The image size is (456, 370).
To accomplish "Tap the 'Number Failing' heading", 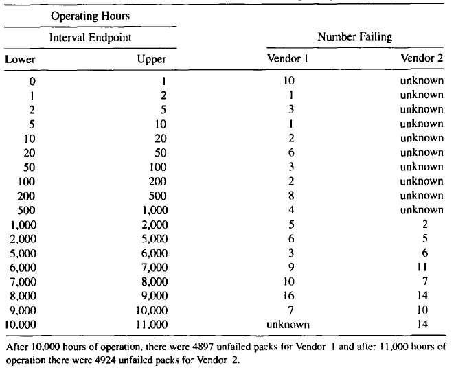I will pos(354,37).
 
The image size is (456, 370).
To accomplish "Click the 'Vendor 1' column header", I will pos(289,59).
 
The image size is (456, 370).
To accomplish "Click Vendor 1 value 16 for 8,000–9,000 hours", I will pos(289,295).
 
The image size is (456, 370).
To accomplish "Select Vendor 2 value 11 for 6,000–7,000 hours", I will pos(425,266).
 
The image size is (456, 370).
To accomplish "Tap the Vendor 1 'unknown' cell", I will pos(289,324).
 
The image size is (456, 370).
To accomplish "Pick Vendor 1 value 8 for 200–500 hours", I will pos(289,195).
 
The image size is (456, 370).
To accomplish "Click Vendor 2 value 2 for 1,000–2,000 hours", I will pos(425,224).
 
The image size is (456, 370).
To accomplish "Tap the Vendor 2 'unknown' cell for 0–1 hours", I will pos(422,80).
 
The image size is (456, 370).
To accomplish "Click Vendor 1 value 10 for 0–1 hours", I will pos(289,80).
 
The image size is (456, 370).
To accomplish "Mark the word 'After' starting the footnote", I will pos(16,347).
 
